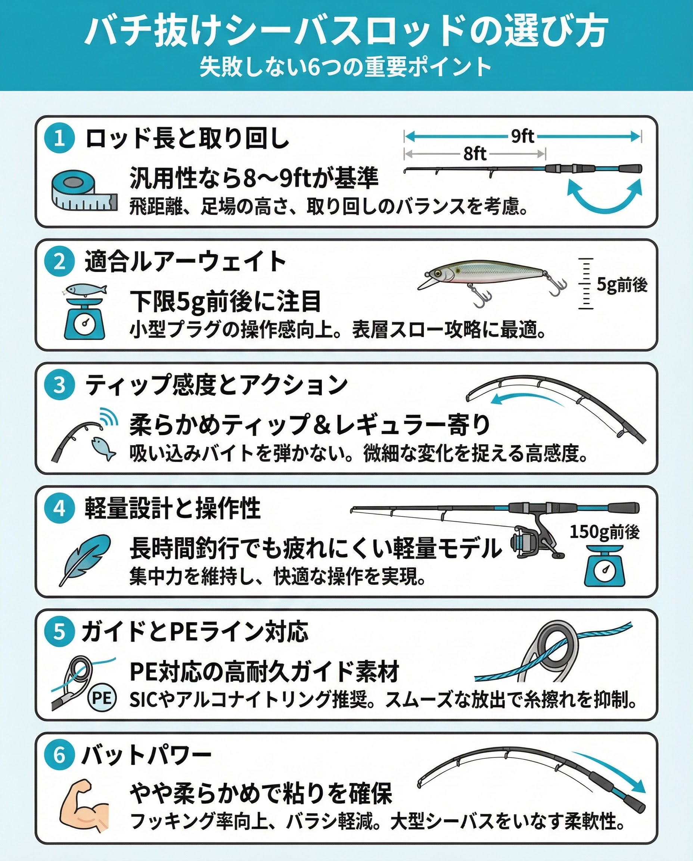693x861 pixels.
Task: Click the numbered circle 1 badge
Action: pyautogui.click(x=59, y=138)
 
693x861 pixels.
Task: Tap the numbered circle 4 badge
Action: pyautogui.click(x=59, y=508)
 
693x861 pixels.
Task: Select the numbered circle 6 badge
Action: pyautogui.click(x=59, y=755)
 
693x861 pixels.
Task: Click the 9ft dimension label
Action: pyautogui.click(x=522, y=137)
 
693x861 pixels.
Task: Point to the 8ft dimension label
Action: pyautogui.click(x=475, y=154)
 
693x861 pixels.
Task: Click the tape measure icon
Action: pyautogui.click(x=85, y=191)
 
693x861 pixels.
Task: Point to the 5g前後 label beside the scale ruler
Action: pyautogui.click(x=622, y=284)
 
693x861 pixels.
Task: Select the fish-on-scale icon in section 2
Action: pyautogui.click(x=85, y=311)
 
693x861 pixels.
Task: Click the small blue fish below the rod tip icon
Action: pyautogui.click(x=103, y=448)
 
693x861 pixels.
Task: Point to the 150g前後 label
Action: pyautogui.click(x=605, y=532)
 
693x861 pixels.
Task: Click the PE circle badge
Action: pyautogui.click(x=102, y=698)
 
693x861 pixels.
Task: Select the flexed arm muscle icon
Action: pyautogui.click(x=84, y=803)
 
